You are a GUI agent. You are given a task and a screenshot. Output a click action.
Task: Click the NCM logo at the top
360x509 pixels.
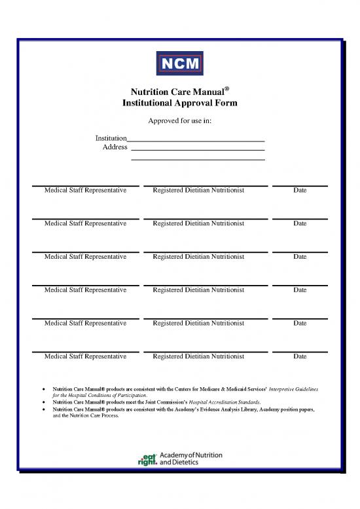179,64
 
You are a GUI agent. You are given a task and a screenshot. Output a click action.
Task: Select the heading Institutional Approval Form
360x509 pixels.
179,104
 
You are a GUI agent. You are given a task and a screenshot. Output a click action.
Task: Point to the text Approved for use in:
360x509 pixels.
179,121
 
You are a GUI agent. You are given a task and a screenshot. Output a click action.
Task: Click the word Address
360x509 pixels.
115,147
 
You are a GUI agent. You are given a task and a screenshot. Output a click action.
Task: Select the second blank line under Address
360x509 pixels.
198,159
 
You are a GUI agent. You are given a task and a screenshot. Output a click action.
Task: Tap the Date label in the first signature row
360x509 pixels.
300,191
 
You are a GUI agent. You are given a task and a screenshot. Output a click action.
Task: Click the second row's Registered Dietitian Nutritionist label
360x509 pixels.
198,223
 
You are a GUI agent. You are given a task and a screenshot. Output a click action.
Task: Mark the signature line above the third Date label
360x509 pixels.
300,252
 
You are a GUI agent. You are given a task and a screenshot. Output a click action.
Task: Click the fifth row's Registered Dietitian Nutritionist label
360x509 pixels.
198,323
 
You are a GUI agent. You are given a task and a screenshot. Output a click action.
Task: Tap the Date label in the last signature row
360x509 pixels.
300,356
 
